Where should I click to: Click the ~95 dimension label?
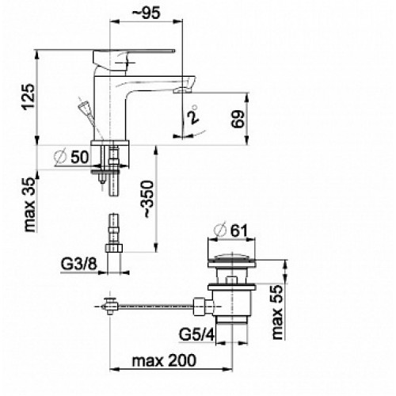146,13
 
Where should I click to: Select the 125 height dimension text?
29,97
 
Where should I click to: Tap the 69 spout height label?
238,119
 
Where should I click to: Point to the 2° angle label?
192,115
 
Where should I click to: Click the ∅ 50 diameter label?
71,157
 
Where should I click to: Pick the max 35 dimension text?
29,205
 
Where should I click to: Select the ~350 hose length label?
148,200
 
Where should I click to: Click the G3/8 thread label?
79,264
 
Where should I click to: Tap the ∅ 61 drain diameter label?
231,230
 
